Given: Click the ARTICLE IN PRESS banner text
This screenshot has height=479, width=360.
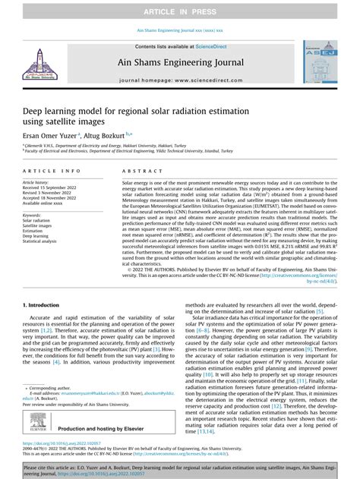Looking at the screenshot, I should [x=180, y=8].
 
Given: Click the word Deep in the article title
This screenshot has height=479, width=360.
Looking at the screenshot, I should [x=34, y=111].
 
